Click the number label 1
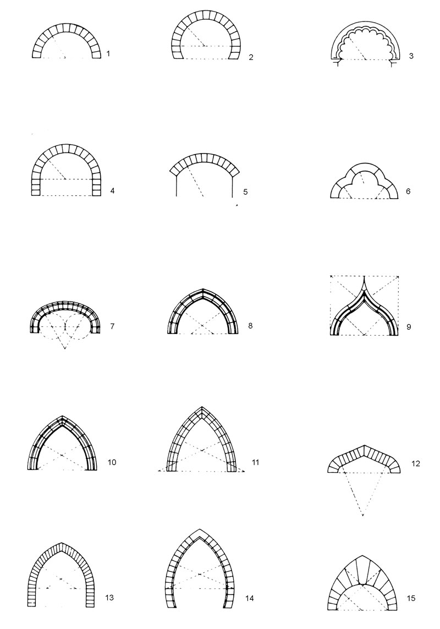click(108, 53)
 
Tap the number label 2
click(251, 57)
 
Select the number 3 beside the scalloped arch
click(411, 56)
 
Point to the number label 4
click(112, 191)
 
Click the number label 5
click(245, 192)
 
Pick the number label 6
click(408, 191)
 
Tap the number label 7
click(112, 326)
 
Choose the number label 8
click(250, 325)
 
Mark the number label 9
click(409, 326)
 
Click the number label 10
click(112, 462)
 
